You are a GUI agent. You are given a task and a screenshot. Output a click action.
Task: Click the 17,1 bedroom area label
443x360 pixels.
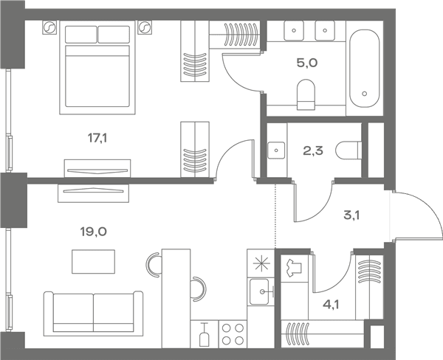tap(97, 139)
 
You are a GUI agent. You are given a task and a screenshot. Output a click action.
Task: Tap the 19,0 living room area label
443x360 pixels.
tap(94, 232)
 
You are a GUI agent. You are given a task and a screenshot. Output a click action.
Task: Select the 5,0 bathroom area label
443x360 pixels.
tap(307, 63)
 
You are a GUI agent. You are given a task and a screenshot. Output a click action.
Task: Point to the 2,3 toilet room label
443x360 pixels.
tap(313, 151)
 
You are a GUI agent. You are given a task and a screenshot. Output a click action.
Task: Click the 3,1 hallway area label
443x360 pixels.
tap(351, 215)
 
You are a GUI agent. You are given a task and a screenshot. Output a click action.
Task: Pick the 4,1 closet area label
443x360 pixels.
tap(331, 305)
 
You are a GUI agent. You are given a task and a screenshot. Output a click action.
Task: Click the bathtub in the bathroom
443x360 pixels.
tap(365, 69)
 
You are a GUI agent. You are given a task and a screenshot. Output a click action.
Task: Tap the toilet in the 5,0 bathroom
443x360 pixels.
tap(306, 94)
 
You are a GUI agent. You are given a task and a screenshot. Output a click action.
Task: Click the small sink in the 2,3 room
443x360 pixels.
tap(276, 150)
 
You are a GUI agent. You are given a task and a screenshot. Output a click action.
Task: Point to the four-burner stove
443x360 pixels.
tap(233, 334)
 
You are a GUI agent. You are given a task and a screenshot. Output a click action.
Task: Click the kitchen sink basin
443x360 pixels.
tap(259, 291)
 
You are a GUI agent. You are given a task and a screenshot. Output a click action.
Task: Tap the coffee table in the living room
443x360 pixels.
tap(93, 261)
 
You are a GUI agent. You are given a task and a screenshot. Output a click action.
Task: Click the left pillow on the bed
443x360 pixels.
tap(80, 35)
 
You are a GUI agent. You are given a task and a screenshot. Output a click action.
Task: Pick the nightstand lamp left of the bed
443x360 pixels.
tap(49, 27)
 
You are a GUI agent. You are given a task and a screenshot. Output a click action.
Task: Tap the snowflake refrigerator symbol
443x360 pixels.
tap(261, 263)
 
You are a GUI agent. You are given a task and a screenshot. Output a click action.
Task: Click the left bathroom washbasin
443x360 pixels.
tap(294, 30)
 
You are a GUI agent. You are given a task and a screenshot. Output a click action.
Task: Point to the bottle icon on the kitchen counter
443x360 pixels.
tap(205, 335)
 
